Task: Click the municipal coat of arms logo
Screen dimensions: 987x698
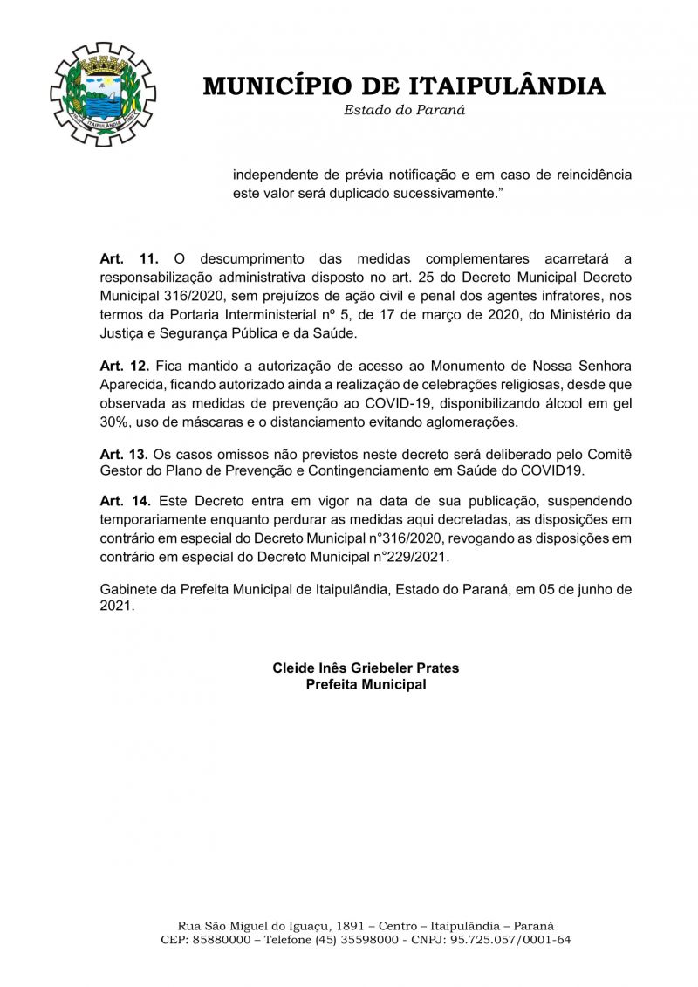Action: coord(102,94)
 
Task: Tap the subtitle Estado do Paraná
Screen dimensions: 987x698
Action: coord(404,110)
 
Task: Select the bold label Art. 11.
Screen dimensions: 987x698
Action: coord(129,258)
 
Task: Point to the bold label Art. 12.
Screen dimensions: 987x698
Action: coord(125,365)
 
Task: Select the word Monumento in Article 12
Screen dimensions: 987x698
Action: coord(492,365)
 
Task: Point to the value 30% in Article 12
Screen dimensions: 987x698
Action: coord(114,422)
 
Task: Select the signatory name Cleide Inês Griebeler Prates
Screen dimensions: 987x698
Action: coord(366,668)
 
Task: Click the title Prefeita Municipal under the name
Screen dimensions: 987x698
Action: coord(366,685)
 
